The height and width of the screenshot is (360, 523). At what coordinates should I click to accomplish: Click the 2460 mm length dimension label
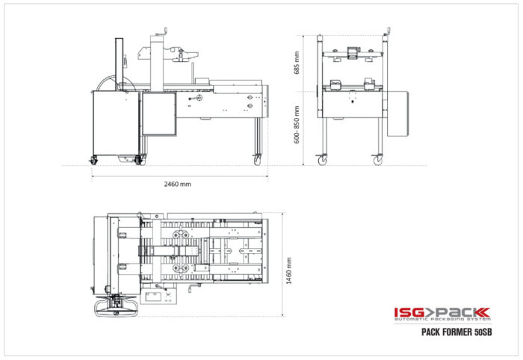pos(178,184)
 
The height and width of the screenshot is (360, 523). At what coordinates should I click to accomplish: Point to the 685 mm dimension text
pos(297,63)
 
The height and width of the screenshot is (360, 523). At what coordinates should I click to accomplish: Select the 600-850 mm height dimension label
pos(297,125)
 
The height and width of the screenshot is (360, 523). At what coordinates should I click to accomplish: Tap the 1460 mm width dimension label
pos(289,271)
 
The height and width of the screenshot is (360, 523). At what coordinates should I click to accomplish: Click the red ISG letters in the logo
pos(409,312)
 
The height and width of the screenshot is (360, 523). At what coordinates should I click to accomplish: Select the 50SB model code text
pos(483,332)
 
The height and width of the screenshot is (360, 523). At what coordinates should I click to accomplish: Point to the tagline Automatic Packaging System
pos(442,320)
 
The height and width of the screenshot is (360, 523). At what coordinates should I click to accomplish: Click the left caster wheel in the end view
pos(323,161)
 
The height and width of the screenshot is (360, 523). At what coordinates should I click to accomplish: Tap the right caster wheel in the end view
pos(377,161)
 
